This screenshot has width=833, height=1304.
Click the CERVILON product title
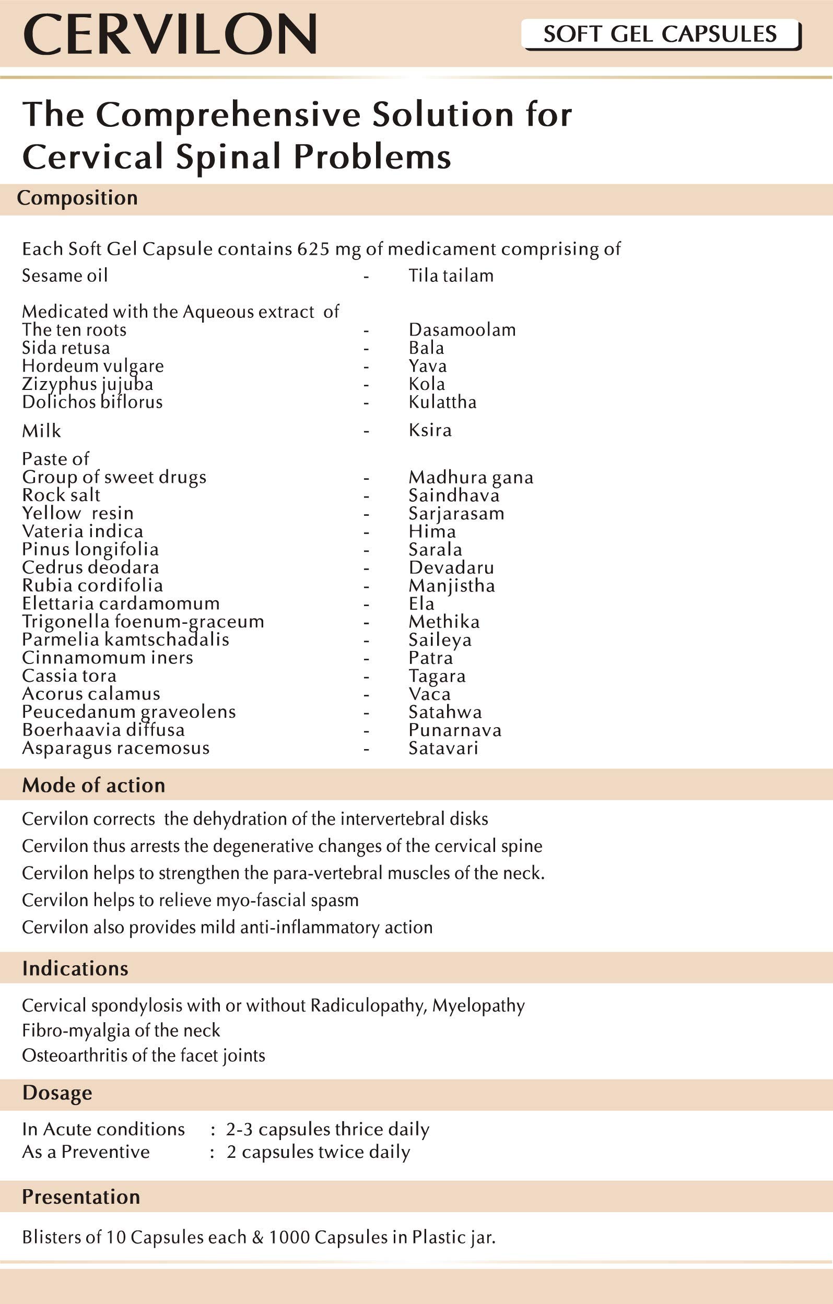click(170, 34)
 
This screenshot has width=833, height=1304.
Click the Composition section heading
click(77, 198)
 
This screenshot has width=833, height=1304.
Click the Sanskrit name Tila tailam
click(451, 276)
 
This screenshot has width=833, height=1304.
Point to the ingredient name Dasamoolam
click(462, 330)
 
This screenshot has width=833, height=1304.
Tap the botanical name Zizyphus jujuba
click(87, 384)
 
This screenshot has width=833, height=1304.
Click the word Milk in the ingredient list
click(41, 431)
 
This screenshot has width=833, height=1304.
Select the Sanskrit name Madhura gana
click(471, 477)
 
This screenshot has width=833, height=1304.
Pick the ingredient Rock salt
click(61, 495)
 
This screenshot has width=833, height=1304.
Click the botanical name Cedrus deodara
click(90, 567)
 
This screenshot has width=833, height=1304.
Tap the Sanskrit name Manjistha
click(452, 586)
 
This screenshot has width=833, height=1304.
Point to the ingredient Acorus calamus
click(91, 694)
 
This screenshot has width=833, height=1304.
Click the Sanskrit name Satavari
click(443, 749)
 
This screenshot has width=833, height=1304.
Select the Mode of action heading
click(93, 785)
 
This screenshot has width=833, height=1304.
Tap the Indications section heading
click(75, 968)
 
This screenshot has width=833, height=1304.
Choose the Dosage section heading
click(57, 1093)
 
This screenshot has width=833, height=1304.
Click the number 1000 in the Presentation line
click(289, 1237)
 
